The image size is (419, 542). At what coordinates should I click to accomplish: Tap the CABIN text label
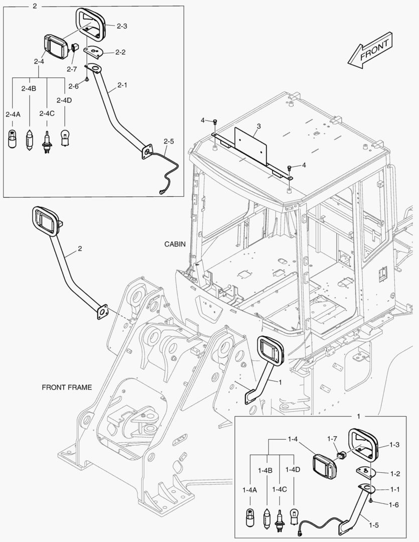click(x=175, y=244)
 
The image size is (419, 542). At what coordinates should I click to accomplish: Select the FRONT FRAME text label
click(x=67, y=387)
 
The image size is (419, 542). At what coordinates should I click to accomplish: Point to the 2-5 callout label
click(x=169, y=142)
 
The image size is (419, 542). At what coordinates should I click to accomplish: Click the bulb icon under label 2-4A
click(x=12, y=138)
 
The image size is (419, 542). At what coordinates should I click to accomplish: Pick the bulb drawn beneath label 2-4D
click(x=64, y=138)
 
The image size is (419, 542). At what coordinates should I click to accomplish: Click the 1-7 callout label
click(x=332, y=439)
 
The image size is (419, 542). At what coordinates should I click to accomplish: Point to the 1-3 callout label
click(x=394, y=445)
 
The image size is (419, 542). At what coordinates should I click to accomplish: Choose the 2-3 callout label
click(x=122, y=26)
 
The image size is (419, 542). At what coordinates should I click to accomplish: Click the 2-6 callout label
click(x=74, y=86)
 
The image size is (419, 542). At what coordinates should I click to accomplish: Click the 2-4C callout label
click(x=47, y=114)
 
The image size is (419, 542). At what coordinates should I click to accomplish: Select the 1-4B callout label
click(x=265, y=470)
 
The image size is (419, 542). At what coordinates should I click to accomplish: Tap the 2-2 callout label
click(x=120, y=52)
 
